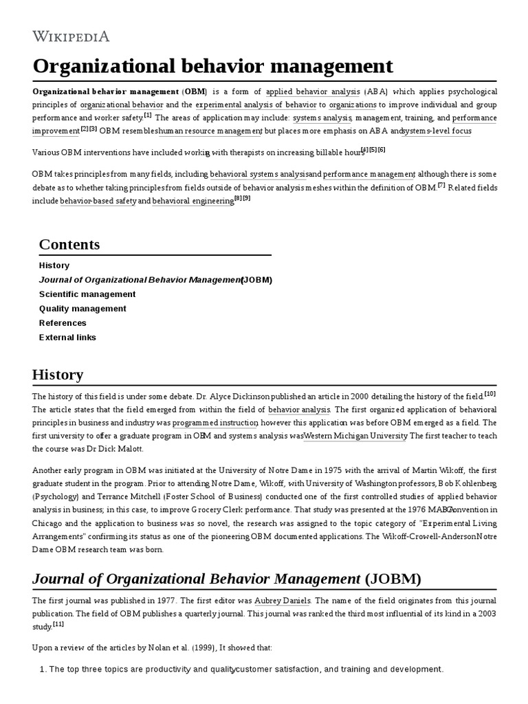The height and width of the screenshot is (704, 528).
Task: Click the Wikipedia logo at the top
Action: click(x=71, y=36)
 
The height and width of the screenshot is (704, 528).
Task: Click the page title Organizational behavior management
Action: click(x=212, y=66)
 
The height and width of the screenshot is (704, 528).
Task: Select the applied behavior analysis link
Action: click(x=312, y=91)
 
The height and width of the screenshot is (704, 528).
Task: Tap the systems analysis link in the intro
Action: click(x=322, y=118)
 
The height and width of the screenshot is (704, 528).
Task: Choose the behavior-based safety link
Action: click(x=98, y=201)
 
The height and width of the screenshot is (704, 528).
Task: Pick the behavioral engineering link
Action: click(x=192, y=201)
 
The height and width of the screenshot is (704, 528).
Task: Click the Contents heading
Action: click(x=69, y=244)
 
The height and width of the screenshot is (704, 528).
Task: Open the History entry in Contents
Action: click(x=54, y=265)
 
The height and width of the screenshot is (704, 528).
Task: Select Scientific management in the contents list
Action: click(x=87, y=294)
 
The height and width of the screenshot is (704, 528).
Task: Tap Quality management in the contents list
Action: click(x=82, y=309)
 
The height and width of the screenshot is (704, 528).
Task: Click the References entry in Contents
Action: click(x=63, y=323)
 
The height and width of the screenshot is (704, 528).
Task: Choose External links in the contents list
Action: click(x=67, y=338)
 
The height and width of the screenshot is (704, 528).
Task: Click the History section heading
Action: click(x=58, y=375)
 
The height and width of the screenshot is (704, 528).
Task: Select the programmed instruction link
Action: click(x=214, y=423)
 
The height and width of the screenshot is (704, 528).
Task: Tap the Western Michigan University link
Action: click(x=356, y=436)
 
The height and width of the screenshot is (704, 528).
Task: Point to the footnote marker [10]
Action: click(x=490, y=393)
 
